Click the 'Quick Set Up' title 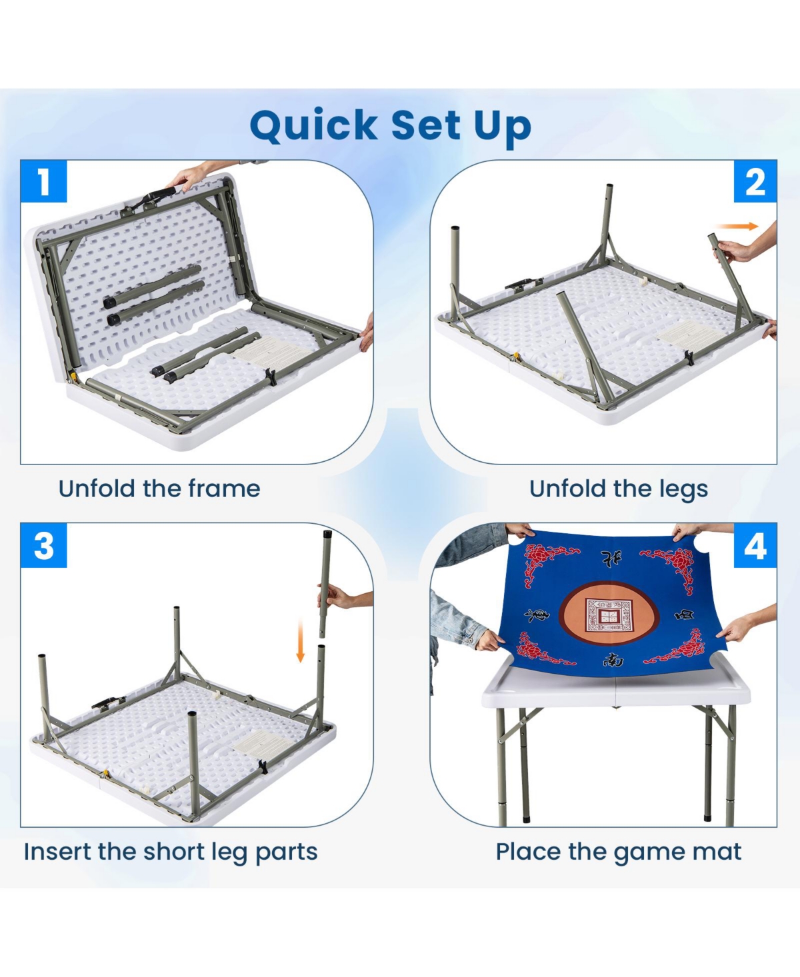pos(390,125)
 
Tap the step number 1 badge pos(44,181)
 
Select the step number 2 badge pos(755,181)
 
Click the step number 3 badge pos(44,546)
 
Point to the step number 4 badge pos(755,546)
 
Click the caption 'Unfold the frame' pos(159,488)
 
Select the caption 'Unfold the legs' pos(618,488)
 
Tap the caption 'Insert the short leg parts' pos(171,852)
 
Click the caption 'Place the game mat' pos(618,852)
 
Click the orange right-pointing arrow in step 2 pos(738,227)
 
